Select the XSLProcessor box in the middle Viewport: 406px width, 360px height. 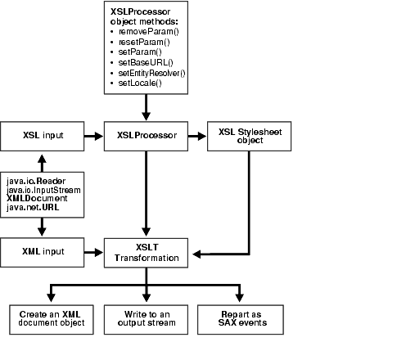coord(147,134)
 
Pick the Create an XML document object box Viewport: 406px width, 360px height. coord(51,318)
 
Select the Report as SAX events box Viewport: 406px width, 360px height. coord(241,318)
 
